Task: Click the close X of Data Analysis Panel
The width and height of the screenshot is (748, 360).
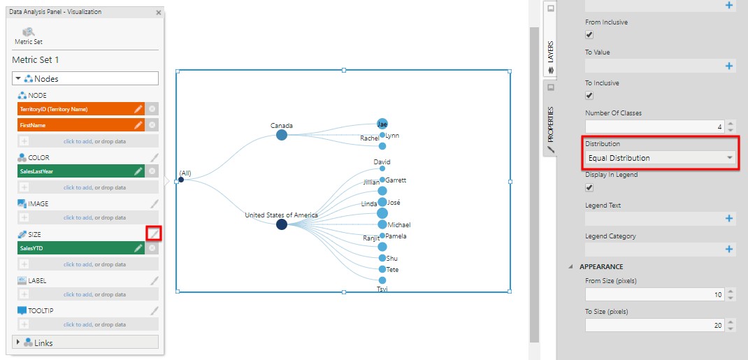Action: (159, 12)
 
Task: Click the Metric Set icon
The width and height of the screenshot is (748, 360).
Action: (29, 32)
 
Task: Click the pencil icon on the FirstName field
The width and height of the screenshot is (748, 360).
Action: (138, 124)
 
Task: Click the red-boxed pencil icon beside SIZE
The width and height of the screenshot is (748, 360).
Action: (154, 233)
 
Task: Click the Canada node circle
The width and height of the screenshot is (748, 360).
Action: (281, 135)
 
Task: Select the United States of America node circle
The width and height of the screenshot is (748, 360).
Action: (281, 224)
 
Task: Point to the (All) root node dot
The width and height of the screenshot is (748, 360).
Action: (181, 180)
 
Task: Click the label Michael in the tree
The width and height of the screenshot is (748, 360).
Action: (398, 225)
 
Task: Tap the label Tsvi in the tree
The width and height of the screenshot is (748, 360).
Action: (382, 289)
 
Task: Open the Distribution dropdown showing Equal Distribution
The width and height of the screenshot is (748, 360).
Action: (661, 158)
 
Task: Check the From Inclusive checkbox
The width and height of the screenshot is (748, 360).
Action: (589, 34)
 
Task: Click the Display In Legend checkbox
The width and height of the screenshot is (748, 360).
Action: (589, 187)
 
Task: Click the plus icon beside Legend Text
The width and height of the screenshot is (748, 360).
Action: (729, 218)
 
